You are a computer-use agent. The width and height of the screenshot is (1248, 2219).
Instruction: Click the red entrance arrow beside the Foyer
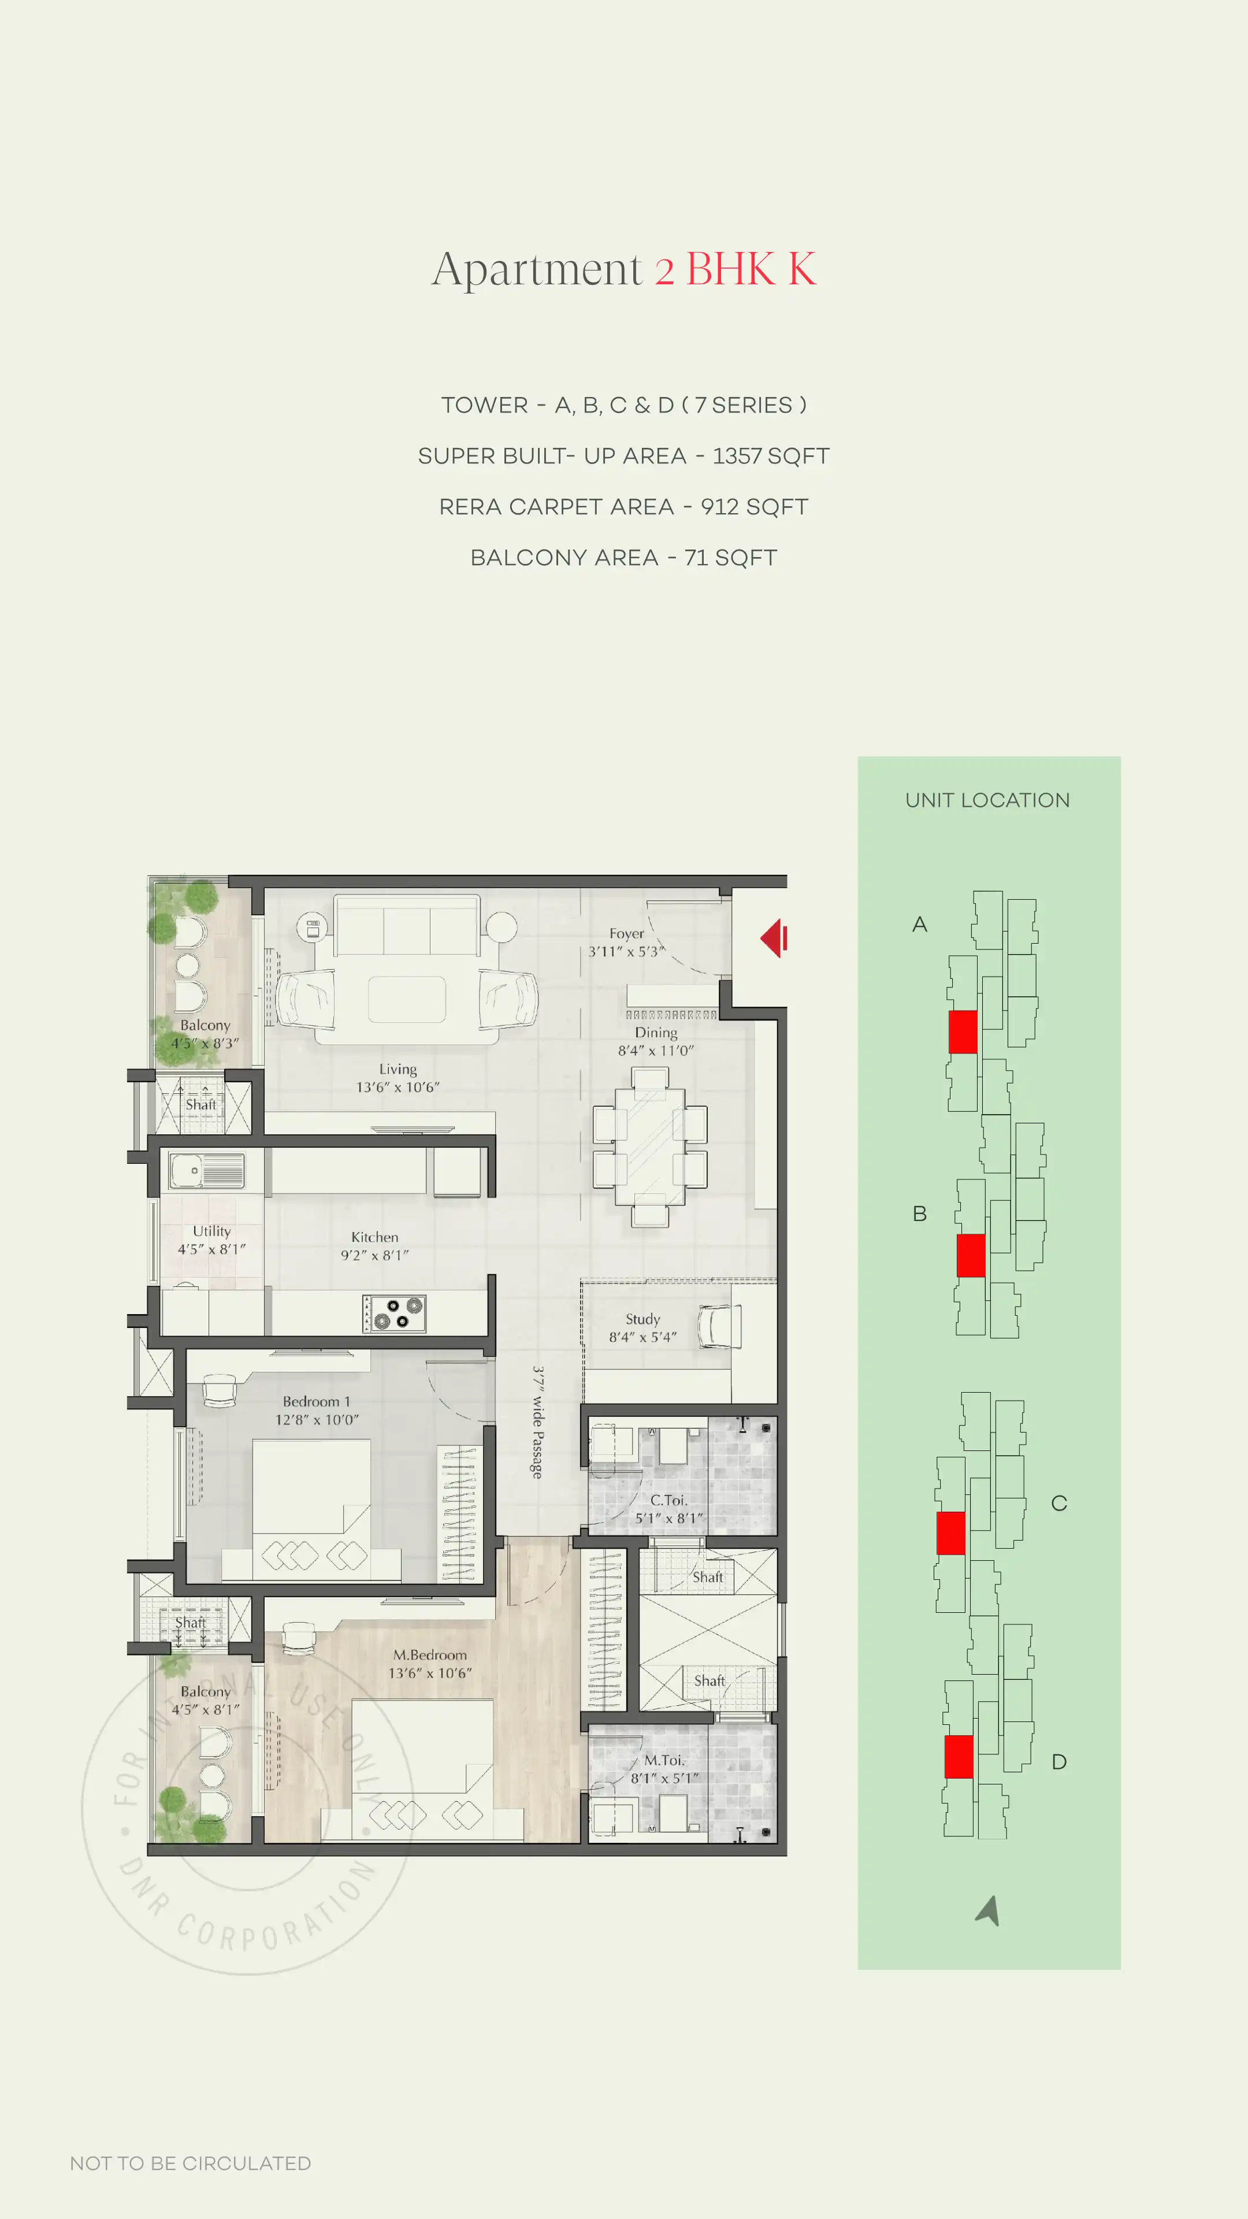tap(774, 938)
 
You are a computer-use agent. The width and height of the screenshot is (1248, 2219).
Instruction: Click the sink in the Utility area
tap(206, 1171)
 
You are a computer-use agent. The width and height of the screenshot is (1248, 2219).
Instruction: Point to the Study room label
tap(642, 1319)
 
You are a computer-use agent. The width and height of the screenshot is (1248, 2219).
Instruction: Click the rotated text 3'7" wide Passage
tap(537, 1422)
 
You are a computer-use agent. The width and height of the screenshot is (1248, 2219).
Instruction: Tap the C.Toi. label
tap(668, 1500)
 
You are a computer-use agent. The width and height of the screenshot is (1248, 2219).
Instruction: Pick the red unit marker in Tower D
tap(959, 1757)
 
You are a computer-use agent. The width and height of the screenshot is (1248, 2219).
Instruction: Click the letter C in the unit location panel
tap(1058, 1503)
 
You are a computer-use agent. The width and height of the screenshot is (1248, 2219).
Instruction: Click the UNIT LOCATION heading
tap(987, 800)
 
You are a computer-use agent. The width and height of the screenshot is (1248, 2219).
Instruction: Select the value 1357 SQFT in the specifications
tap(770, 456)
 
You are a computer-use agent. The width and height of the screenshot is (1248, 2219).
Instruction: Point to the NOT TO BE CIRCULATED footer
tap(190, 2163)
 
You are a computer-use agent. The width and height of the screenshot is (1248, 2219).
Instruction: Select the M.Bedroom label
tap(430, 1655)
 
